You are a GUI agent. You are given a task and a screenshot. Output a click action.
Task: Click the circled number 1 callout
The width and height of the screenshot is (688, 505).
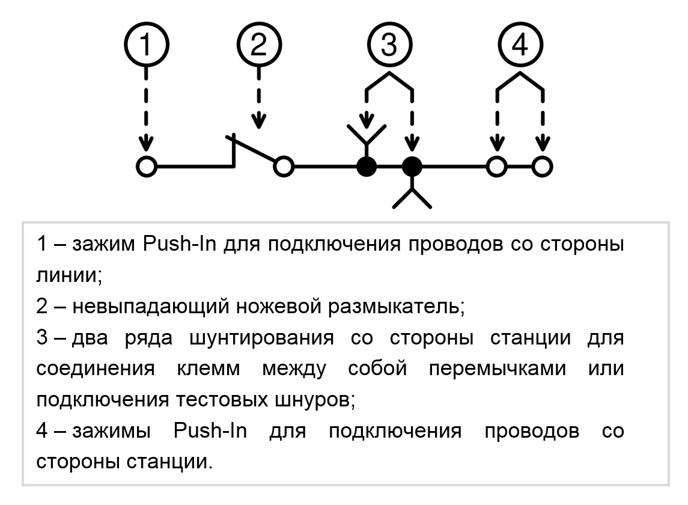click(x=146, y=44)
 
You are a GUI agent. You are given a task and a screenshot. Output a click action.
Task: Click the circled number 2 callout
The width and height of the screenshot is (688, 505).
click(x=259, y=44)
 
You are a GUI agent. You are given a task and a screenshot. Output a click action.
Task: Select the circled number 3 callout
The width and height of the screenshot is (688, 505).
click(x=389, y=44)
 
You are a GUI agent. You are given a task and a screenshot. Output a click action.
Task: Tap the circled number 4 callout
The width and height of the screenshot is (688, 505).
click(x=520, y=44)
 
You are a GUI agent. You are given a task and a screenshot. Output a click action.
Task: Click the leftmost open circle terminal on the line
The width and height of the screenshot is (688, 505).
click(x=147, y=167)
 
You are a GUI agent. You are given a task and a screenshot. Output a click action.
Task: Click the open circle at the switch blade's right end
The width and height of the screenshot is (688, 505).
click(x=284, y=167)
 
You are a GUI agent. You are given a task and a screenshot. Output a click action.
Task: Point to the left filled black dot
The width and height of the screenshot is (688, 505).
click(x=367, y=167)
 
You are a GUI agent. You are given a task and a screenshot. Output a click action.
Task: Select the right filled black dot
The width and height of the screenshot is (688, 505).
click(x=412, y=167)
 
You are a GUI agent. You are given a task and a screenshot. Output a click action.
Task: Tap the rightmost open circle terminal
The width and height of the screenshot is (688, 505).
click(x=543, y=167)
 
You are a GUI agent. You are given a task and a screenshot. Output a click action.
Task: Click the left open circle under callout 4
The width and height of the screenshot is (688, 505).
click(x=497, y=167)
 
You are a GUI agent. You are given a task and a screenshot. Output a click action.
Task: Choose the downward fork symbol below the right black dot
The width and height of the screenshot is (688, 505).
click(x=412, y=193)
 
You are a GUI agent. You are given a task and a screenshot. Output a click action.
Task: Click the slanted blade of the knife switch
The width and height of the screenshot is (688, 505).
click(x=252, y=149)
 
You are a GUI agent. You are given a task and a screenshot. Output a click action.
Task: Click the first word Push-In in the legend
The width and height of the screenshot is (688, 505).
click(x=180, y=243)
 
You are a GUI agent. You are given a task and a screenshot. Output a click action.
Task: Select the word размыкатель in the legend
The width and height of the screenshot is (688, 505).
click(x=396, y=306)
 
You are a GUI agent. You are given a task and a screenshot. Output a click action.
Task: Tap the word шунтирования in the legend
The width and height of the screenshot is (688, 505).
click(x=261, y=338)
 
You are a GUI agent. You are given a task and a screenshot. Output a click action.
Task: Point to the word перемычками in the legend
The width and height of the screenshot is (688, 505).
click(x=497, y=368)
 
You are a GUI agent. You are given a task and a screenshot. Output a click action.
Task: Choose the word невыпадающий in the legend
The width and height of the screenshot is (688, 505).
click(x=150, y=306)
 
